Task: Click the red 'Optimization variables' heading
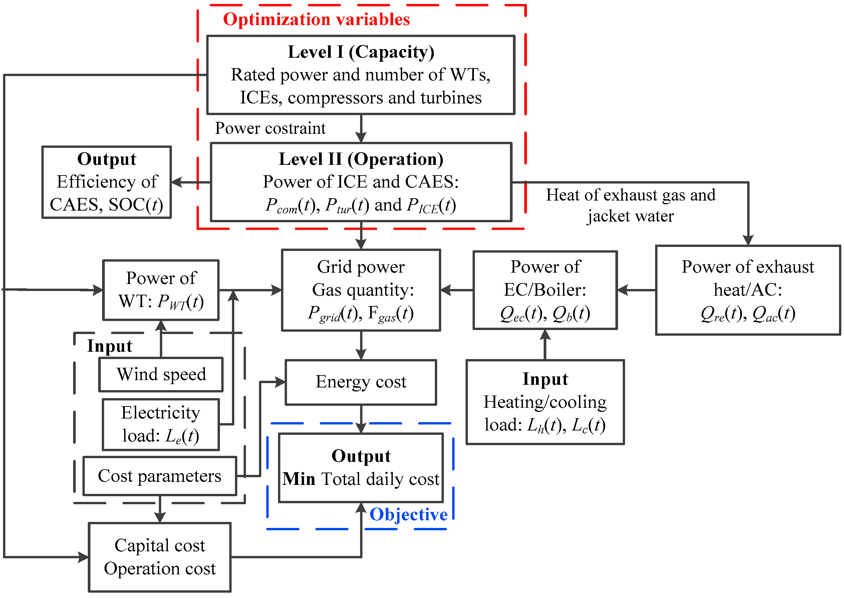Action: [x=316, y=19]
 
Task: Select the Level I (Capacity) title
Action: [x=360, y=52]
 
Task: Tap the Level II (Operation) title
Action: [x=360, y=159]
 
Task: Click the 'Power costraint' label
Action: [x=270, y=128]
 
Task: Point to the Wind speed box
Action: [x=161, y=374]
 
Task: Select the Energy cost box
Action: [x=360, y=382]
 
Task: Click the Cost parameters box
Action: [x=160, y=476]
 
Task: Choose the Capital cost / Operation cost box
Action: [x=160, y=557]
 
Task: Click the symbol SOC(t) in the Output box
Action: [x=135, y=205]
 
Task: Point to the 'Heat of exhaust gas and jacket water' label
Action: [x=630, y=205]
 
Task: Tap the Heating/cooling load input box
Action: [x=545, y=402]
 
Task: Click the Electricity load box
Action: [x=161, y=424]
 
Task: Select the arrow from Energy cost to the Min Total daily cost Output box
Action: [x=361, y=419]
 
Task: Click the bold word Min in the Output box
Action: [x=299, y=479]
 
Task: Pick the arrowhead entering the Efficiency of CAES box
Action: [x=177, y=182]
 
